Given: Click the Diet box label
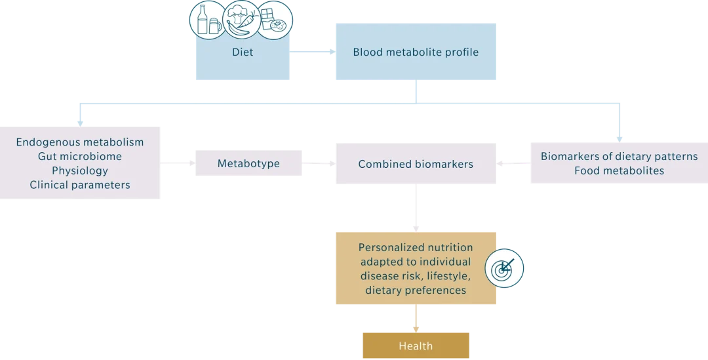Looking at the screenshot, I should coord(243,52).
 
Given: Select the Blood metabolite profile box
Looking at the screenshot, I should coord(416,52).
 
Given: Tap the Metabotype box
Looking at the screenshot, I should coord(248,163).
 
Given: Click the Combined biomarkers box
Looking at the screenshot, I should coord(416,164).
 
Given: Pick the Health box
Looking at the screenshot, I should coord(416,346).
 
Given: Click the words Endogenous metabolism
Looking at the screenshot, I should coord(80,142).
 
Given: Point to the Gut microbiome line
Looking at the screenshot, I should coord(80,157).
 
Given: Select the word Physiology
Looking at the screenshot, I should coord(80,170).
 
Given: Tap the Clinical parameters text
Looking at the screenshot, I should coord(80,185).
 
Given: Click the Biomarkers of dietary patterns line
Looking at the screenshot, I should coord(619,157).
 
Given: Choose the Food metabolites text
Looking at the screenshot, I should coord(619,170).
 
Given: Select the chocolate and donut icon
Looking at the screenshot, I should coord(275,20).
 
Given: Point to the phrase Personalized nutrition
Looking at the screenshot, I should coord(416,248).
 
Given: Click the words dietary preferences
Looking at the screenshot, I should coord(416,290).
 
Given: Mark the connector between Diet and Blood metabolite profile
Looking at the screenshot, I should coord(314,52).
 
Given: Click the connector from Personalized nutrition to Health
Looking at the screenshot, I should coord(416,319).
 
